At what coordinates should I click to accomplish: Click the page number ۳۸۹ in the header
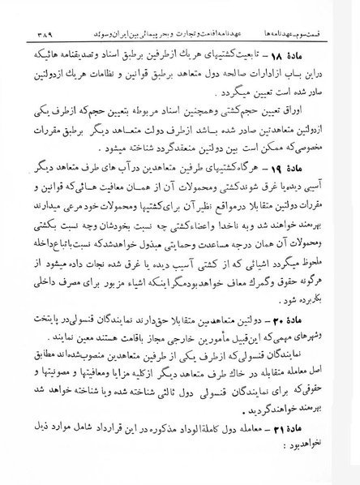tap(30, 11)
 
